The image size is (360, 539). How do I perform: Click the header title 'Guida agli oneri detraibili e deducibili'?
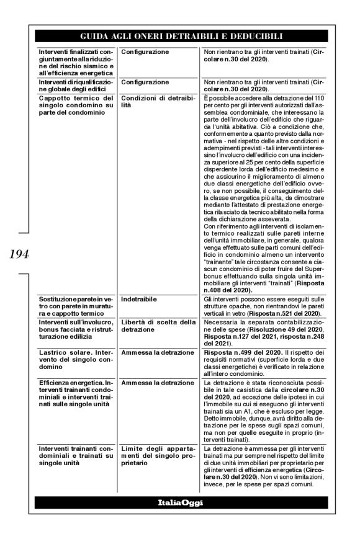(x=180, y=35)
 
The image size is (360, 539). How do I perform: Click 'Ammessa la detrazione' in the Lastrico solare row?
(x=154, y=352)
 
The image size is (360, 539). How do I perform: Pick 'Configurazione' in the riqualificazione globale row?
(x=145, y=82)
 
